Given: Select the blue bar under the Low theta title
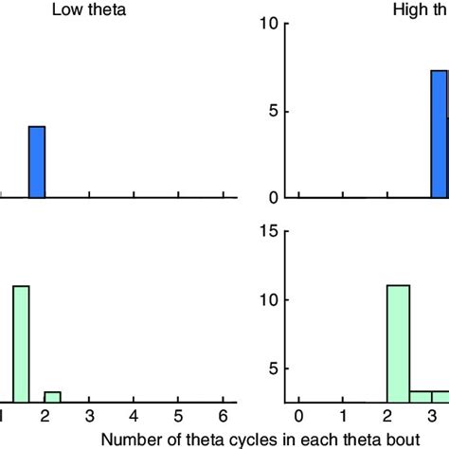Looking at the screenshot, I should click(x=37, y=161).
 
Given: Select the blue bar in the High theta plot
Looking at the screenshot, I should click(x=439, y=134).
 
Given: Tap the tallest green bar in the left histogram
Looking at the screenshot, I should click(x=21, y=344).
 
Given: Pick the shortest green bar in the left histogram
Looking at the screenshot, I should click(x=52, y=397).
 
